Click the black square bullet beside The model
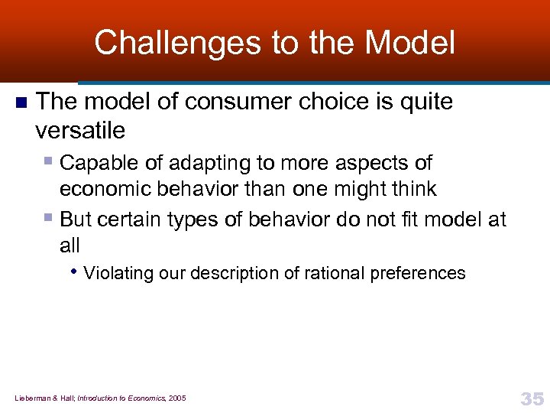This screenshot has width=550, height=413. pyautogui.click(x=21, y=102)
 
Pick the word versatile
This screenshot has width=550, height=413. pyautogui.click(x=79, y=130)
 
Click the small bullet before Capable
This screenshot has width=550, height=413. pyautogui.click(x=49, y=162)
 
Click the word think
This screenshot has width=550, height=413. pyautogui.click(x=411, y=188)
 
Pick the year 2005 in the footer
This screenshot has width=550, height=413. pyautogui.click(x=176, y=398)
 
